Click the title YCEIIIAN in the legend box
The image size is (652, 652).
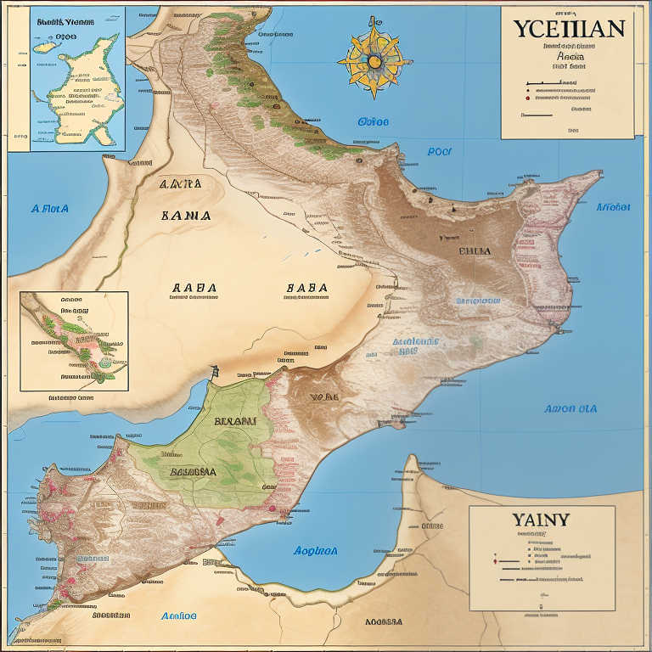pos(568,27)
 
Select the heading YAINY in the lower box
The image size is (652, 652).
pos(540,519)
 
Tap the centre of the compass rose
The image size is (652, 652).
pos(373,59)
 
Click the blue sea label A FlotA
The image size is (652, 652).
pos(49,208)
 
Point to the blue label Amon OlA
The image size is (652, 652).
pos(570,408)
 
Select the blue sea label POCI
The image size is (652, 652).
pos(439,152)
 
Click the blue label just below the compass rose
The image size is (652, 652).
pos(373,121)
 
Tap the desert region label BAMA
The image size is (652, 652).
pos(186,216)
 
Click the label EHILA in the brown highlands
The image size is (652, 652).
pos(475,251)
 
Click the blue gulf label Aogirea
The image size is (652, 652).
pos(315,550)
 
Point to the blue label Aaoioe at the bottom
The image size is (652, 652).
pos(178,615)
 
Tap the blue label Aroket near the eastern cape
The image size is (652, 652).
pos(613,206)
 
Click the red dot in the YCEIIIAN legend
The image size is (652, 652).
pos(528,97)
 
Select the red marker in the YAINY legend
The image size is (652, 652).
pos(495,561)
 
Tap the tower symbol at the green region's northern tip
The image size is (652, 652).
pos(215,371)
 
